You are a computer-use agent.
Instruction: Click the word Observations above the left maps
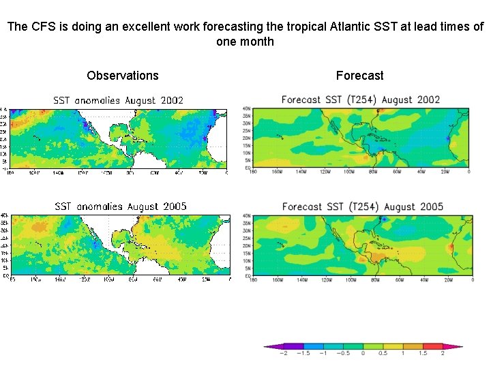tap(123, 76)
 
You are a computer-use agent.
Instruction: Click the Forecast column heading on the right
tap(359, 76)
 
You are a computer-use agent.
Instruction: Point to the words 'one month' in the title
tap(245, 42)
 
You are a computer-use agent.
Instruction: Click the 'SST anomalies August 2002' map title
tap(119, 100)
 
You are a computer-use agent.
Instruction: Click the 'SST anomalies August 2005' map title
tap(120, 206)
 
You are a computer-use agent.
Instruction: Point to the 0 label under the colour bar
tap(363, 353)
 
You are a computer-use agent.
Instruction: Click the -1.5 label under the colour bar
tap(303, 353)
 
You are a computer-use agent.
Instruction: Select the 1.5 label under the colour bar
tap(423, 353)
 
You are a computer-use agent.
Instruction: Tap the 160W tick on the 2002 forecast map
tap(277, 172)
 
